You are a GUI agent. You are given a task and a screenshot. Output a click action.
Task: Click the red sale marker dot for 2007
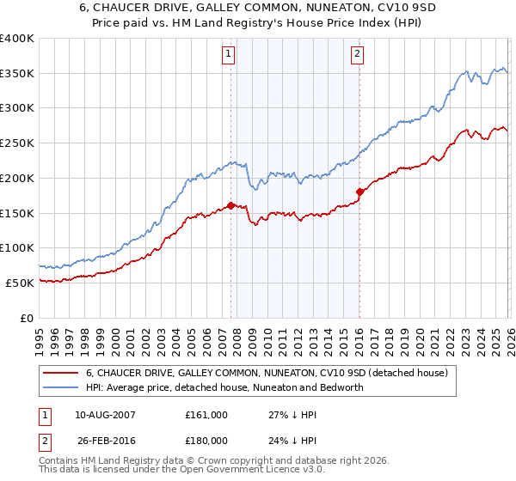coord(230,205)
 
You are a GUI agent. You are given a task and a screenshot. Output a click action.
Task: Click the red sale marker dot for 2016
coord(359,192)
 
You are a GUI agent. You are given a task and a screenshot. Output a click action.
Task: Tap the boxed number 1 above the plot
coord(230,54)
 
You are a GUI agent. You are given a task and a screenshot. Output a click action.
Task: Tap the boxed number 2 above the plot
coord(357,54)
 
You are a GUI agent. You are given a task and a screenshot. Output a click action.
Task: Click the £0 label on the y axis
coord(26,318)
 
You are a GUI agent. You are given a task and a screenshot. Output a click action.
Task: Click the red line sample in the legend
coord(60,374)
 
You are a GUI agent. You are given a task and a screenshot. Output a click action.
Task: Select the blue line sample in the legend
coord(60,387)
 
